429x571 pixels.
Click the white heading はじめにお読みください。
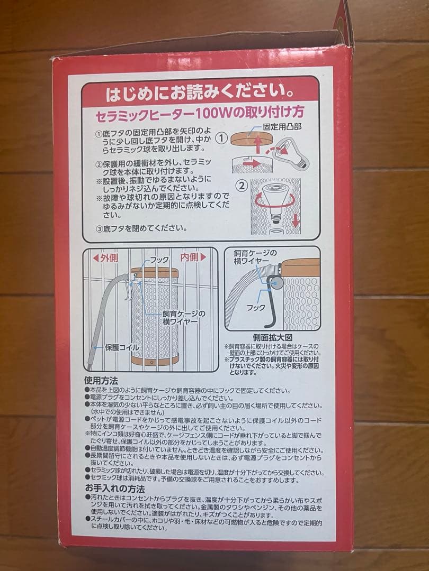[200, 95]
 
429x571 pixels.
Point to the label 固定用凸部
[282, 127]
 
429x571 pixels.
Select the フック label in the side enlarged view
[256, 307]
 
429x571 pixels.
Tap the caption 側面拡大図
[274, 337]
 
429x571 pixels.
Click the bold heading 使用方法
[101, 380]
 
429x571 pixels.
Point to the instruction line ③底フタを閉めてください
[141, 228]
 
